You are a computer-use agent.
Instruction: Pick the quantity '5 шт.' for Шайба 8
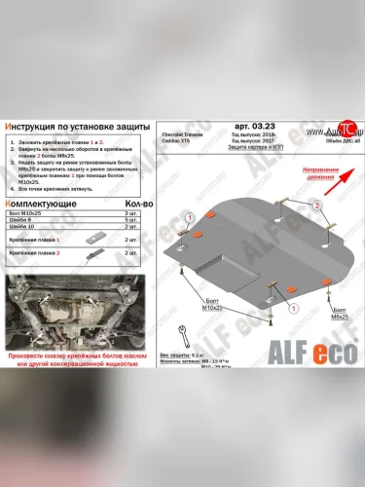pyautogui.click(x=130, y=220)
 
